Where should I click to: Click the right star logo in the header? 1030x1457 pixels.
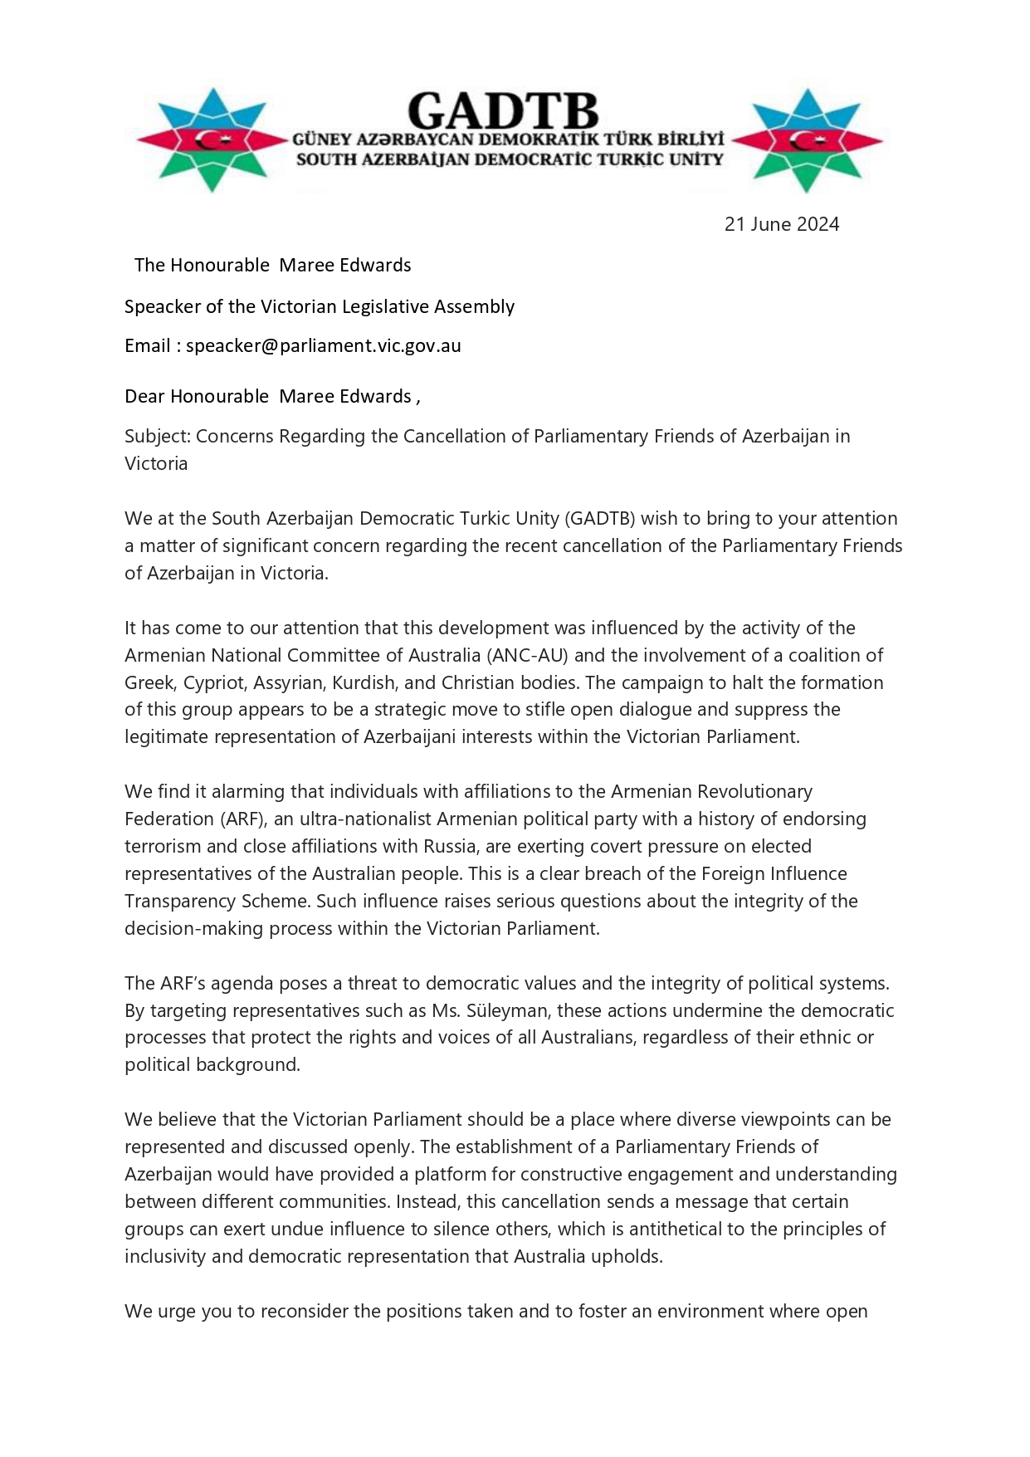point(808,140)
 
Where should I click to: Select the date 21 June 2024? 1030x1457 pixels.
point(781,224)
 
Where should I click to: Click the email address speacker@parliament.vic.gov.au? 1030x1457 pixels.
point(323,345)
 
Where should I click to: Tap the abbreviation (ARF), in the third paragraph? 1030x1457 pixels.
point(242,819)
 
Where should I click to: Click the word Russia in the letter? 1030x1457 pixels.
point(546,846)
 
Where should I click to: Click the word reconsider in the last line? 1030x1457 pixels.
point(305,1311)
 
